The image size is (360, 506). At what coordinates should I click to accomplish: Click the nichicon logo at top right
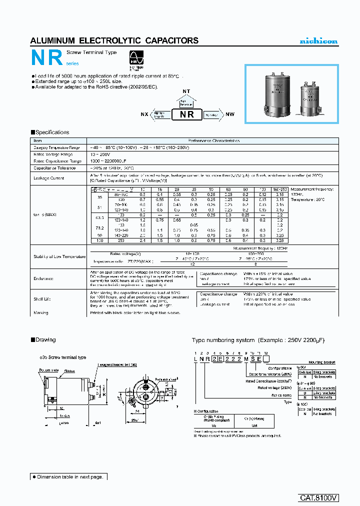point(318,41)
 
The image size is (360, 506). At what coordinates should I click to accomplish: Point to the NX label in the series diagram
point(144,114)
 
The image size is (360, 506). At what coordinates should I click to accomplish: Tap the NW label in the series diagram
point(230,114)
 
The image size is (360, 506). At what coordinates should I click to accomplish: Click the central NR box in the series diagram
point(186,114)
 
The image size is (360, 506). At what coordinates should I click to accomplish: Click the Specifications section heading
point(50,132)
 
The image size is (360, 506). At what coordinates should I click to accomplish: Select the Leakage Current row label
point(48,178)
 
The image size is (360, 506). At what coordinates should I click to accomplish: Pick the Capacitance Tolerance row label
point(54,168)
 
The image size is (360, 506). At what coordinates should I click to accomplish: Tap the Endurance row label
point(43,278)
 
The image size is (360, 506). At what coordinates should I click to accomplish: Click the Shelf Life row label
point(43,299)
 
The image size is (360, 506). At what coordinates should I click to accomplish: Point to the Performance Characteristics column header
point(213,141)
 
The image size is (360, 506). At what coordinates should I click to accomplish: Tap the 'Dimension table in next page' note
point(67,477)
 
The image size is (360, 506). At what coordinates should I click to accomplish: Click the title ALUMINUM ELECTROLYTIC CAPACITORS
point(114,40)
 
